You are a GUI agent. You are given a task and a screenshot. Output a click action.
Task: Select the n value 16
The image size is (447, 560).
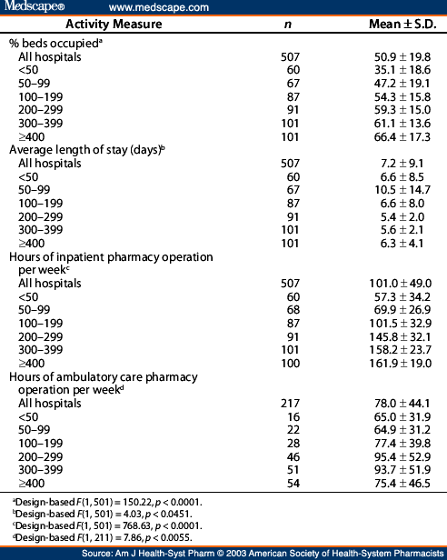(x=292, y=416)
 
